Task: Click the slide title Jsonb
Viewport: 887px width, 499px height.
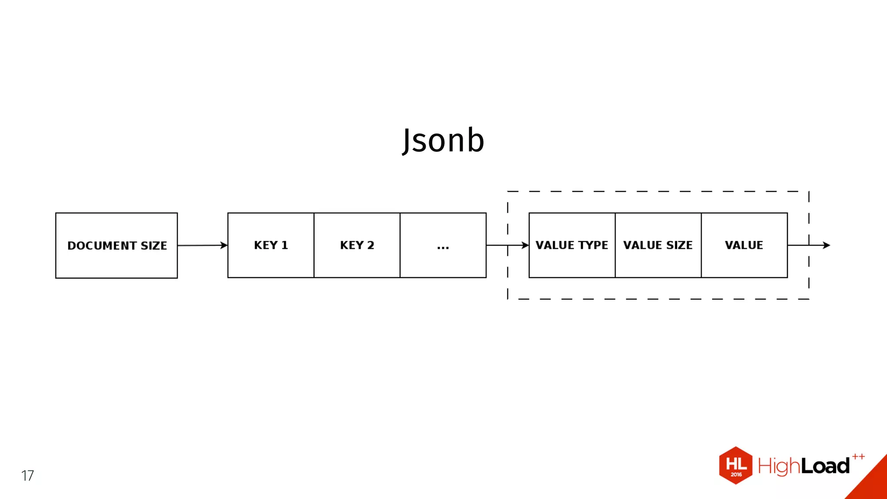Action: click(x=443, y=140)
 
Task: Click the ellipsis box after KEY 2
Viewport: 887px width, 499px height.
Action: click(x=443, y=246)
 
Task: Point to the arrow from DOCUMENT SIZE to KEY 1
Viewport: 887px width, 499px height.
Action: click(x=202, y=246)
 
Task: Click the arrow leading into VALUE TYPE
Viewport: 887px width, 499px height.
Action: click(x=508, y=245)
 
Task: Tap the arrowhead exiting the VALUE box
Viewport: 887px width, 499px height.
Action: click(x=826, y=245)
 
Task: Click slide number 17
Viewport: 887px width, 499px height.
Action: click(x=27, y=476)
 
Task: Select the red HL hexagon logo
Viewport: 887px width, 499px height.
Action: click(x=735, y=465)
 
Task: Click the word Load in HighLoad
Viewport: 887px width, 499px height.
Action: click(x=825, y=467)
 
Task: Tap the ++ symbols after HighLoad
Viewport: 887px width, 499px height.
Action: click(x=858, y=457)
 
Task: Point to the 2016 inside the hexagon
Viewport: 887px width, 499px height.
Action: click(x=736, y=475)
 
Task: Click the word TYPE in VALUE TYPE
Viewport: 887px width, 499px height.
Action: click(x=593, y=245)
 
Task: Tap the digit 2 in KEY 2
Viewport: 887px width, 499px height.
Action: click(x=371, y=245)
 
